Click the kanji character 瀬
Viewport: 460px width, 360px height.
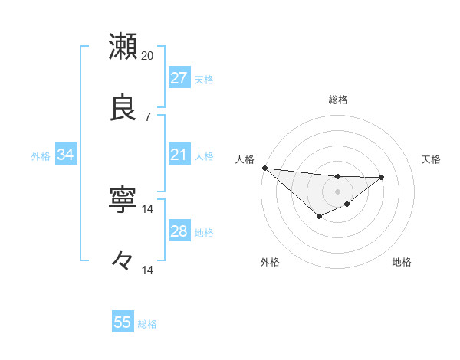(x=123, y=47)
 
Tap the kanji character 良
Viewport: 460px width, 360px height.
(x=123, y=108)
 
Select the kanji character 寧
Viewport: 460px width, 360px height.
(x=123, y=201)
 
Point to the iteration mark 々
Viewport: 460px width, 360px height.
(x=123, y=261)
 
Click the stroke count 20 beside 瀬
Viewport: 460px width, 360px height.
(x=148, y=55)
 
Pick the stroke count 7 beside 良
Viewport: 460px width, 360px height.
(x=147, y=116)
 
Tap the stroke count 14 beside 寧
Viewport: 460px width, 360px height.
(x=148, y=209)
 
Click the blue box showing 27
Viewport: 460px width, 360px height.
(x=179, y=78)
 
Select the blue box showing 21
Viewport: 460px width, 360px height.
(x=179, y=155)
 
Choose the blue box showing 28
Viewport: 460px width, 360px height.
(x=179, y=232)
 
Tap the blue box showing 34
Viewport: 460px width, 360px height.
(x=65, y=155)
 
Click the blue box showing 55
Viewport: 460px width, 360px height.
(x=123, y=322)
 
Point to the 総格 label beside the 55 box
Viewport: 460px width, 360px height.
(x=147, y=324)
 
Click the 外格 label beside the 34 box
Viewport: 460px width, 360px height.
(x=41, y=156)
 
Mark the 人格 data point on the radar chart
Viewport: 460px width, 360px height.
(x=264, y=168)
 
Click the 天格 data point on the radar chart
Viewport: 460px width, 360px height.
(x=382, y=177)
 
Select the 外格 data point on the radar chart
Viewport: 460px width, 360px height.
(x=320, y=218)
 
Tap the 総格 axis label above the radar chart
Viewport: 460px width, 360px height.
(x=337, y=100)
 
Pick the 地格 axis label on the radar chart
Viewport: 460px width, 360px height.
(x=402, y=262)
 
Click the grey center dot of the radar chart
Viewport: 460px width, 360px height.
(x=337, y=191)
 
